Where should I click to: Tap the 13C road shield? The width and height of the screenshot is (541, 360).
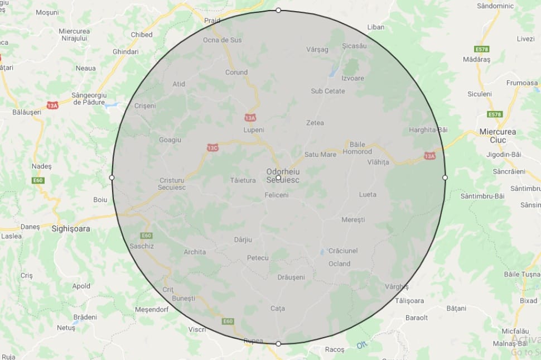[x=212, y=148]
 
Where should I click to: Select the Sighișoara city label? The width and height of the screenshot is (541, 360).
[x=70, y=228]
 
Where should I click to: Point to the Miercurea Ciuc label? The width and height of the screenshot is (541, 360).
[x=497, y=136]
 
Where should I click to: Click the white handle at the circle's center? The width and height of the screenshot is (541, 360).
[x=278, y=177]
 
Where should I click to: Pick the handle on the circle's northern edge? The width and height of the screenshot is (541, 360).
[x=278, y=11]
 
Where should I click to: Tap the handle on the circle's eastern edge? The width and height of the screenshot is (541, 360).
[x=445, y=177]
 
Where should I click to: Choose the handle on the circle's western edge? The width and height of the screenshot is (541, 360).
[x=112, y=177]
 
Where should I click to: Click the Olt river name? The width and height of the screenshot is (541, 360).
[x=362, y=345]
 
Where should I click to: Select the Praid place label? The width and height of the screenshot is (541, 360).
[x=212, y=21]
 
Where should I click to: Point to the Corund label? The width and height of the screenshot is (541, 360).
[x=236, y=73]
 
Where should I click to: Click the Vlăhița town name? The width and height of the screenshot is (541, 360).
[x=378, y=162]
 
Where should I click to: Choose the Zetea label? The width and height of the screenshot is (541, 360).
[x=315, y=123]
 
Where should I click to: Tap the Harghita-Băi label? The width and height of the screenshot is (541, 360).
[x=428, y=129]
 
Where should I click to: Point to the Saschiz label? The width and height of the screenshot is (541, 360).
[x=141, y=246]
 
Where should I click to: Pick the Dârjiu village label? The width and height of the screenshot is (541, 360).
[x=243, y=239]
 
